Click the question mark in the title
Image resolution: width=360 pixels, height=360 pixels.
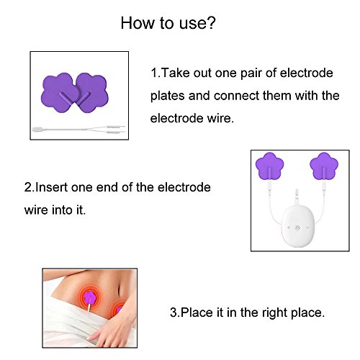click(210, 23)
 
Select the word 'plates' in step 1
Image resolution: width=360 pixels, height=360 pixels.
click(167, 96)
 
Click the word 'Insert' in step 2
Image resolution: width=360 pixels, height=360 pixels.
click(51, 187)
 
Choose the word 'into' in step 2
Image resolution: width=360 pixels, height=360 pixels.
click(62, 210)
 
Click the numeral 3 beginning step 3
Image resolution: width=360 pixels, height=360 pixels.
click(174, 312)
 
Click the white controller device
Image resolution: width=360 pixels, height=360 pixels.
click(297, 226)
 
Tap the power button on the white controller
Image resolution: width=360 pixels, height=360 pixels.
click(297, 228)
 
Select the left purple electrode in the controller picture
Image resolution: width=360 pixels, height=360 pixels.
click(269, 166)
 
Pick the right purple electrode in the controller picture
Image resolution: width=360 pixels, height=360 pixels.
click(324, 166)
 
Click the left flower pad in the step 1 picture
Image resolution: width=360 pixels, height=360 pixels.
click(59, 93)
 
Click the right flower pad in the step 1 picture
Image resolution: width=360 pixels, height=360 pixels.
click(92, 93)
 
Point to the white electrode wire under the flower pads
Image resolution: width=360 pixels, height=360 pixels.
click(78, 130)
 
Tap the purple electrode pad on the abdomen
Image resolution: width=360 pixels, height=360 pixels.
click(91, 298)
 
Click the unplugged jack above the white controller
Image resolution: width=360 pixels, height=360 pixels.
click(297, 195)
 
